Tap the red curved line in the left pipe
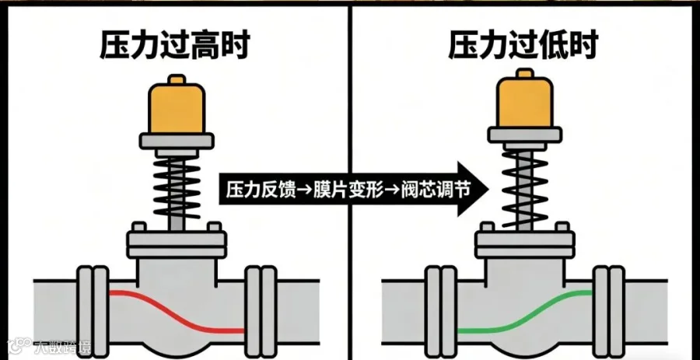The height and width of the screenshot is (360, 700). click(175, 311)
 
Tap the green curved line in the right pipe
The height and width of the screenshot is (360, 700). click(525, 311)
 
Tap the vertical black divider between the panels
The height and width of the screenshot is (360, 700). click(350, 93)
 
